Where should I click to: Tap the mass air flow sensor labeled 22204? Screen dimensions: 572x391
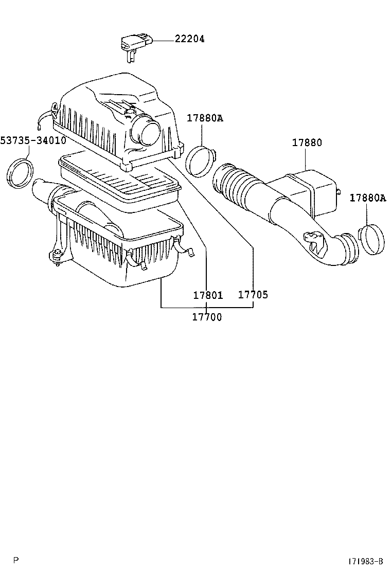[132, 44]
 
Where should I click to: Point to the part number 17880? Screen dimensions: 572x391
[307, 142]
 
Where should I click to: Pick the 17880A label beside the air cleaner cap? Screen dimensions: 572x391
[205, 118]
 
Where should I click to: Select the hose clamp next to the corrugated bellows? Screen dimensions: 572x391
[200, 160]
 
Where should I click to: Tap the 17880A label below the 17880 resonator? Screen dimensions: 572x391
[368, 198]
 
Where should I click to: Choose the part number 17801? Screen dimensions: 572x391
[208, 295]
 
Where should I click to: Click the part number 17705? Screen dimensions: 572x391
[253, 295]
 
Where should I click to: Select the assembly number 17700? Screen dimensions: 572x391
[207, 317]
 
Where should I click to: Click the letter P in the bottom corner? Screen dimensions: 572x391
[16, 560]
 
